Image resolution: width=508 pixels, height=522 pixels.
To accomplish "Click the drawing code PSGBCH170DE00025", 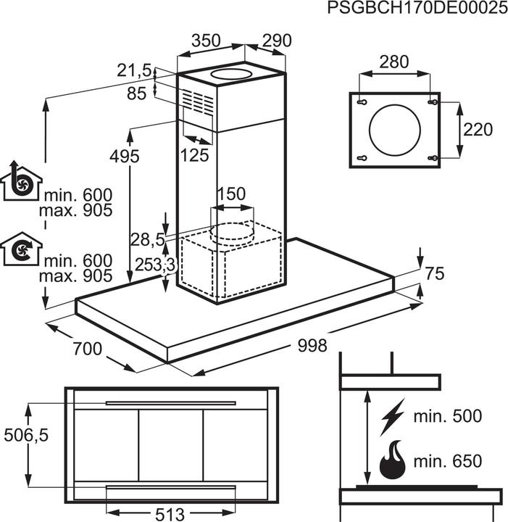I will [x=413, y=9].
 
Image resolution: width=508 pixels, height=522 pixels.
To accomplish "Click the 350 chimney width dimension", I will [x=206, y=41].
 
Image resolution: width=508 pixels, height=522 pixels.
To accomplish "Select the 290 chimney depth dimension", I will [x=275, y=41].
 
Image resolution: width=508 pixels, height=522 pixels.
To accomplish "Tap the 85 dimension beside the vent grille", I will [x=136, y=93].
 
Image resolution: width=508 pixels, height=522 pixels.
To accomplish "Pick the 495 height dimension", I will [x=125, y=155].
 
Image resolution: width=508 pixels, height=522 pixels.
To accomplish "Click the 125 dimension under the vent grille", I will [x=194, y=154].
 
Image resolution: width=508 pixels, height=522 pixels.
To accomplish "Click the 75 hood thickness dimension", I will [x=435, y=273].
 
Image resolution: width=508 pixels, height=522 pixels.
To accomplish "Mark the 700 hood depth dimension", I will [x=87, y=349].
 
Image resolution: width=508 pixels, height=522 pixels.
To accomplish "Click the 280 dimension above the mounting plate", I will [x=394, y=62].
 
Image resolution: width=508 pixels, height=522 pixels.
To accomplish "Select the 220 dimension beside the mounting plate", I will [x=478, y=130].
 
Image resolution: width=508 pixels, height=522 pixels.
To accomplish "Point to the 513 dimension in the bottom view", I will [x=170, y=513].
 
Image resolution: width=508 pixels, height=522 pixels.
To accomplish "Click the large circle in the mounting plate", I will [x=394, y=130].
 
